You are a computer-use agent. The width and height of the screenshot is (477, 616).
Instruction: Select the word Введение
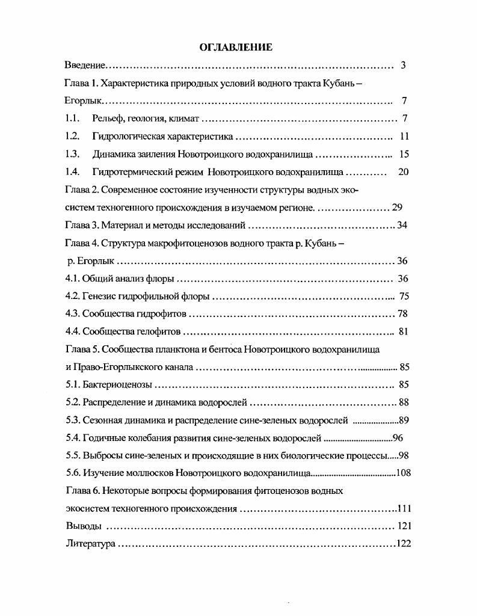85,65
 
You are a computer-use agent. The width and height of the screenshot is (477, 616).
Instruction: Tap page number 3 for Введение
403,65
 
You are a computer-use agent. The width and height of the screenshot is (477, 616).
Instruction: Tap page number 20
404,172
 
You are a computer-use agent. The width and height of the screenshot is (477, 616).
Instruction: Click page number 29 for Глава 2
397,208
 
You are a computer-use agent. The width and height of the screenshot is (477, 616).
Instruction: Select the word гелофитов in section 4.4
158,331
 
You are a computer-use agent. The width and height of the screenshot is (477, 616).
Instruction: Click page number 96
398,438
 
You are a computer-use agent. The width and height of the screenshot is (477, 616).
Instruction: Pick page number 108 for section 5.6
404,473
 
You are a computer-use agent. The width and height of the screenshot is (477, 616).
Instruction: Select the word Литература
90,544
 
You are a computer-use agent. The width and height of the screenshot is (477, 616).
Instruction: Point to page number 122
404,544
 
